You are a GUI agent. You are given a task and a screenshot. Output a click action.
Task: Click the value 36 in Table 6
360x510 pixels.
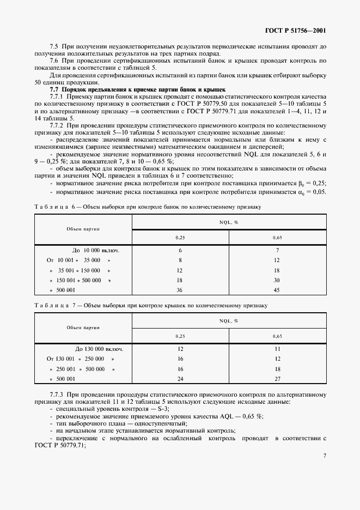point(180,290)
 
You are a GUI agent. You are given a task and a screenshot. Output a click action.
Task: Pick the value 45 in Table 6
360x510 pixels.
point(277,290)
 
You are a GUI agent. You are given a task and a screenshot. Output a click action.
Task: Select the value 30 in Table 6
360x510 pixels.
point(277,280)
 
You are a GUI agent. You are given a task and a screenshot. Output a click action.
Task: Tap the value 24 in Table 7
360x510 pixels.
point(180,379)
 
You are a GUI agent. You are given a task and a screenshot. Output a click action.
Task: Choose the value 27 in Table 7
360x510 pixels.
point(277,379)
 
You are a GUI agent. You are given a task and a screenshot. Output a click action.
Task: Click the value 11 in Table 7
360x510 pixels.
point(277,349)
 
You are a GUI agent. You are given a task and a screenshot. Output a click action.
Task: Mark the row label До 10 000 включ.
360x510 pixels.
point(95,251)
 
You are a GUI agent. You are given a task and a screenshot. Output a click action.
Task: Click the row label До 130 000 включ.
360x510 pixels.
point(99,349)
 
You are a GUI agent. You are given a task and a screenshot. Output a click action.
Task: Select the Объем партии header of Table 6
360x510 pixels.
point(83,230)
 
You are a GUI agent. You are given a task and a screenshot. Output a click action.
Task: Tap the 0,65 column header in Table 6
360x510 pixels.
point(277,238)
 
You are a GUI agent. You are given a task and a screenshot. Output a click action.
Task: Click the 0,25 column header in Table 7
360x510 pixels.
point(180,336)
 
